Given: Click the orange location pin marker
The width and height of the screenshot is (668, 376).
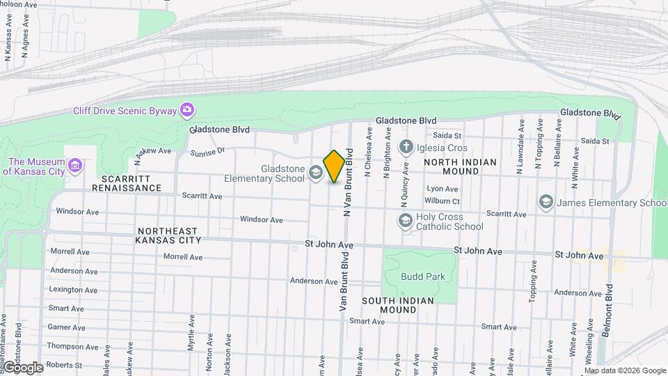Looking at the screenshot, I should pyautogui.click(x=334, y=166).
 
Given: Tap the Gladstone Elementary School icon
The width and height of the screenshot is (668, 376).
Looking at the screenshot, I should pyautogui.click(x=316, y=172).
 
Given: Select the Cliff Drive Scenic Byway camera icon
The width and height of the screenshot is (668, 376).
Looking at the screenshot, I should pyautogui.click(x=186, y=109).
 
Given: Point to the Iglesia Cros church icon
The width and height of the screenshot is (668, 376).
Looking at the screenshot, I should pyautogui.click(x=405, y=147).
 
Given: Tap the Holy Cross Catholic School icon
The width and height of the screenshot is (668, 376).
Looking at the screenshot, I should pyautogui.click(x=405, y=221).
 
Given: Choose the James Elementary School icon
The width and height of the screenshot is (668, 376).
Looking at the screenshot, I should pyautogui.click(x=546, y=202).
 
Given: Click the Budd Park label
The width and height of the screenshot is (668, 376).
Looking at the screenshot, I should pyautogui.click(x=422, y=276).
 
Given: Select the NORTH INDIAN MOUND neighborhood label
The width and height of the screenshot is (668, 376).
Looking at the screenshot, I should pyautogui.click(x=461, y=167).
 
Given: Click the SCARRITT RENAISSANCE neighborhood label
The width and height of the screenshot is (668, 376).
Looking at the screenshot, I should pyautogui.click(x=127, y=183).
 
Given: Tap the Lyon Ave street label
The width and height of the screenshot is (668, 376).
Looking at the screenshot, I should pyautogui.click(x=443, y=189).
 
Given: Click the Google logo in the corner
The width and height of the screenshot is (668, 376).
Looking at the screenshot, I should pyautogui.click(x=22, y=367).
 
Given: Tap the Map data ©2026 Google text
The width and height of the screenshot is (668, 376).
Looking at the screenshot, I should pyautogui.click(x=624, y=370).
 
